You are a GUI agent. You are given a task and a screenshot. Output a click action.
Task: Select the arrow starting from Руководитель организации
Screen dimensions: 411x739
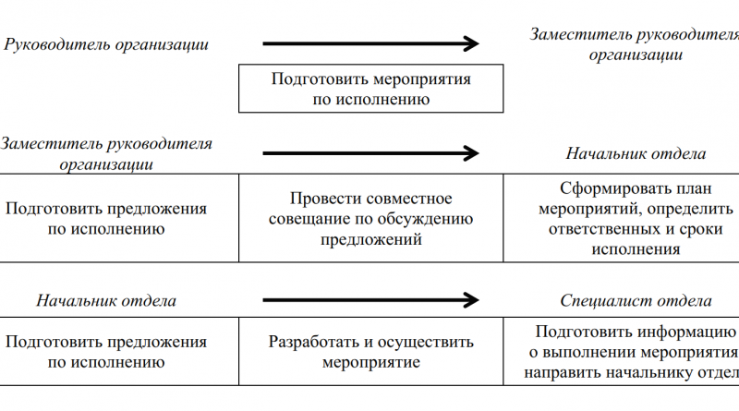pos(369,43)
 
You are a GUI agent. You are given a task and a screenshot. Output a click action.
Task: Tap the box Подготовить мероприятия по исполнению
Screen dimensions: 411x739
pos(370,89)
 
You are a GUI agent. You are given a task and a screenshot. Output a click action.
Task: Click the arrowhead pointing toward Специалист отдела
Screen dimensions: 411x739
pos(471,300)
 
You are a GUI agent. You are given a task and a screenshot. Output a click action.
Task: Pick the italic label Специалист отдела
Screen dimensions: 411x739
pos(636,301)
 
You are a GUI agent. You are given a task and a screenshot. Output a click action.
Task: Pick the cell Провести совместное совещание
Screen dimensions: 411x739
pos(370,219)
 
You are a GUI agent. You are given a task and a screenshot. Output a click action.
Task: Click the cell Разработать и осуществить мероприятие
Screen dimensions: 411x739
pos(370,352)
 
